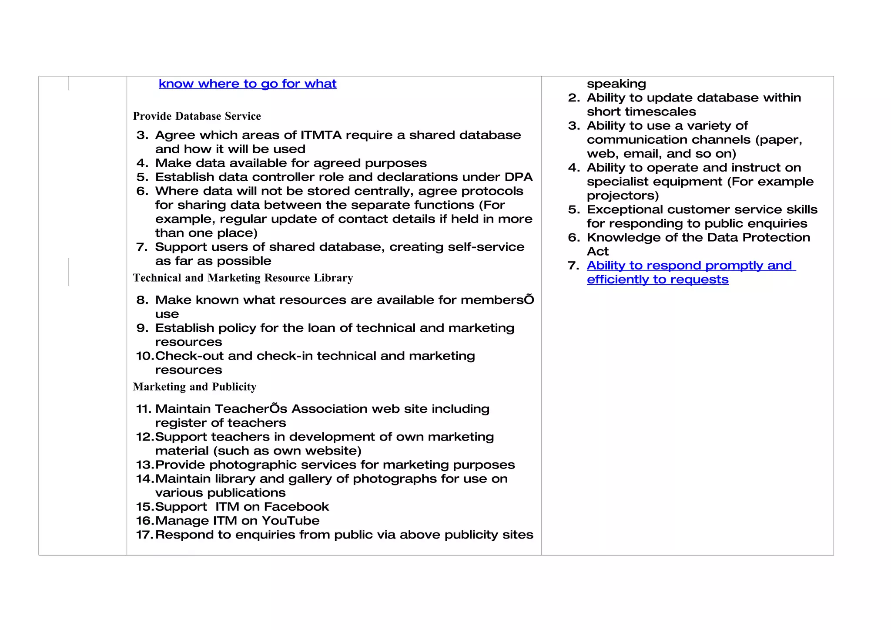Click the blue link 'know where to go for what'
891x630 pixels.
[247, 84]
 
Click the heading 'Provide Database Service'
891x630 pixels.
[197, 116]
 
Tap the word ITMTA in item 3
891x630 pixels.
[321, 135]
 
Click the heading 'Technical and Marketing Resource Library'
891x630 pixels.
[243, 278]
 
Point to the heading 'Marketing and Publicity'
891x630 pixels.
[194, 387]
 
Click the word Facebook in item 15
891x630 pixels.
[296, 507]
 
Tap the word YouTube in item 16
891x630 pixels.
[290, 521]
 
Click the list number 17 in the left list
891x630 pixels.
[144, 535]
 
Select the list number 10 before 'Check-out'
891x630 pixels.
[144, 356]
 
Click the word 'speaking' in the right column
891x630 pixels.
[616, 84]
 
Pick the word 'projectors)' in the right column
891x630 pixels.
[623, 195]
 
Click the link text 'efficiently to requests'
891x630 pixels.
[657, 280]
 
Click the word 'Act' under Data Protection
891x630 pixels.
[597, 252]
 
